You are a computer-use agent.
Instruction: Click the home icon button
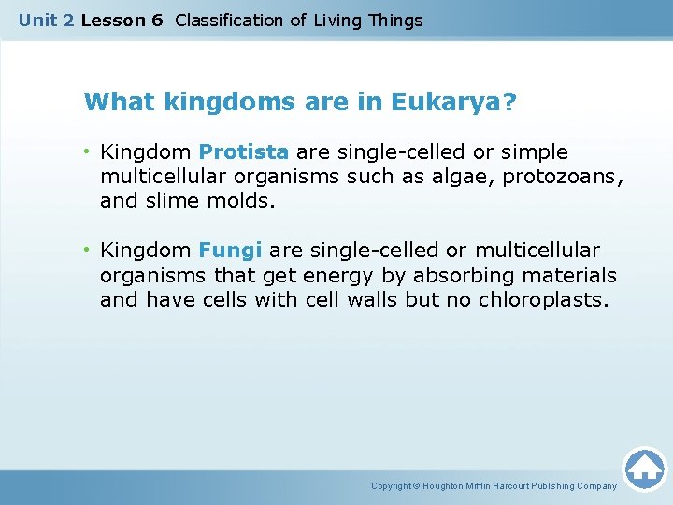coord(644,469)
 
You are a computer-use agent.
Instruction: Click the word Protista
coord(244,151)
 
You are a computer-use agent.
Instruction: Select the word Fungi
coord(230,251)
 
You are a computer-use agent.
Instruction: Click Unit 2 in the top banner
coord(47,20)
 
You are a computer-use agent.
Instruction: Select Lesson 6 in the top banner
coord(122,20)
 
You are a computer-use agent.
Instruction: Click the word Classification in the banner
coord(230,20)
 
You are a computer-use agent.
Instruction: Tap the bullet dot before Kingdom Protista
coord(88,151)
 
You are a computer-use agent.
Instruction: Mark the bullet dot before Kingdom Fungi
coord(88,251)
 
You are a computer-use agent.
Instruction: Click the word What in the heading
coord(112,102)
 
